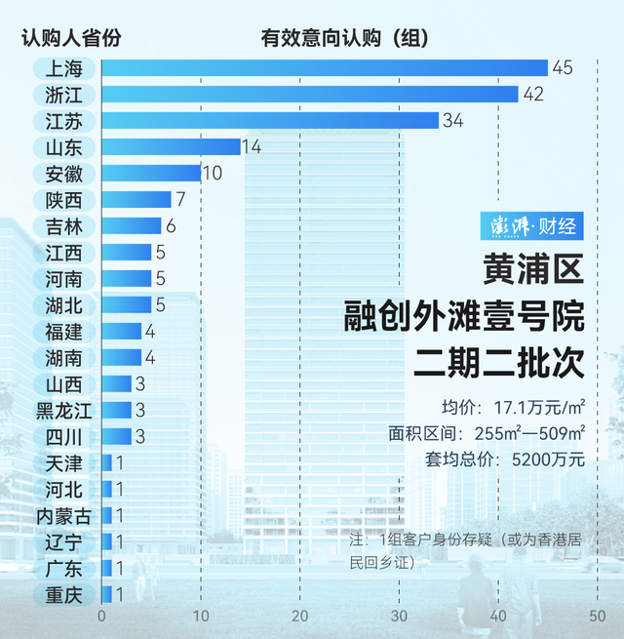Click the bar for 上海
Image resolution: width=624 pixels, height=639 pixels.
[325, 68]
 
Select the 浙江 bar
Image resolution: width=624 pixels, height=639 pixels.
[310, 95]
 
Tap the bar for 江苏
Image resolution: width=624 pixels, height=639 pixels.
[270, 121]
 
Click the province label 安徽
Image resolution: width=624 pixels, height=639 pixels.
[63, 174]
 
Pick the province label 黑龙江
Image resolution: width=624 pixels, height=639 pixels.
[63, 410]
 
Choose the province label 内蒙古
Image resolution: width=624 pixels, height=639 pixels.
[63, 515]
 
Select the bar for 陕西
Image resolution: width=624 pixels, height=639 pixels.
[136, 200]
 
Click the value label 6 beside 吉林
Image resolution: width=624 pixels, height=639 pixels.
[171, 226]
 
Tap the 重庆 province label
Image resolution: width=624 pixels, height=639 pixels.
[63, 594]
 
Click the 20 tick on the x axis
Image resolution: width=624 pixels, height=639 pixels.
[300, 617]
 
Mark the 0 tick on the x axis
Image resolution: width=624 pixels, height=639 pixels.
[101, 617]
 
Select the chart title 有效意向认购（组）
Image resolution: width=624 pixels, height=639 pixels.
[345, 39]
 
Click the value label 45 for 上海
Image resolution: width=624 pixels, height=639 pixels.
[562, 68]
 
